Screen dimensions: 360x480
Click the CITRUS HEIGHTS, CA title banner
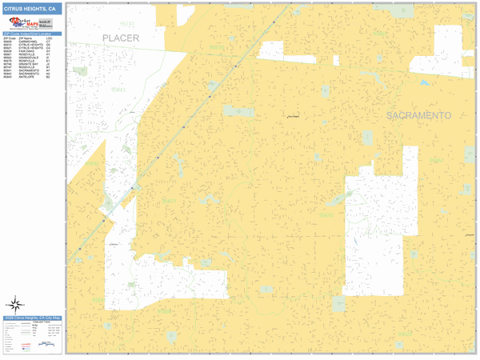coord(31,8)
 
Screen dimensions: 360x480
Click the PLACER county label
coord(121,38)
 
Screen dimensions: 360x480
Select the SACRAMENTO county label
coord(418,116)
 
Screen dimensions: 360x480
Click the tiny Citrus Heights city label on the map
coord(294,117)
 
